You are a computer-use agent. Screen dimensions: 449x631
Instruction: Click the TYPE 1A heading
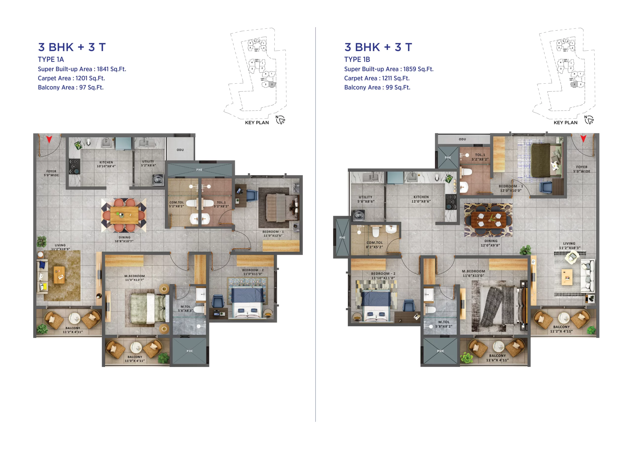pyautogui.click(x=51, y=59)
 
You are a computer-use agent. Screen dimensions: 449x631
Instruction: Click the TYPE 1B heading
pyautogui.click(x=357, y=59)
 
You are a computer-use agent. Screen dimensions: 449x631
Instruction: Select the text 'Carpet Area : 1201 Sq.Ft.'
pyautogui.click(x=71, y=78)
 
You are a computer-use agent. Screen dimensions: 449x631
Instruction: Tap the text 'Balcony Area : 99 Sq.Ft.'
pyautogui.click(x=377, y=87)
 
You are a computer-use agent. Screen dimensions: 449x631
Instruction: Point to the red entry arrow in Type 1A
pyautogui.click(x=49, y=139)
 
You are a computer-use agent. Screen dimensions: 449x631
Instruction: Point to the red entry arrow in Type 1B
pyautogui.click(x=583, y=138)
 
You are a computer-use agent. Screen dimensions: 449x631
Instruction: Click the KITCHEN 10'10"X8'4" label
pyautogui.click(x=106, y=164)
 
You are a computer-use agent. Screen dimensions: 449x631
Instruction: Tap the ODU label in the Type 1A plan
pyautogui.click(x=180, y=150)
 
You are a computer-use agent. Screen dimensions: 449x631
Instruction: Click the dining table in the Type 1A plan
pyautogui.click(x=124, y=215)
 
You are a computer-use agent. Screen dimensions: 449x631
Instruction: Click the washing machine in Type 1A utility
pyautogui.click(x=158, y=180)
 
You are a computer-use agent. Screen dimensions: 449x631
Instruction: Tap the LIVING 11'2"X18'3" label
pyautogui.click(x=569, y=246)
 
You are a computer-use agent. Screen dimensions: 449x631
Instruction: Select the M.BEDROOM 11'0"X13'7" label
pyautogui.click(x=134, y=278)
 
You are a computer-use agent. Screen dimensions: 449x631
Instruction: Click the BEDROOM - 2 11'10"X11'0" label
pyautogui.click(x=383, y=275)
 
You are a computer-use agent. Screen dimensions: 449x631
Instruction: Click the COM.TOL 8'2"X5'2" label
pyautogui.click(x=374, y=245)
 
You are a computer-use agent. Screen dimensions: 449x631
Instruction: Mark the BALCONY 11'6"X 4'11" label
pyautogui.click(x=497, y=358)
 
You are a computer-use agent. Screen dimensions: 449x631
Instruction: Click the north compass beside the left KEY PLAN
pyautogui.click(x=280, y=120)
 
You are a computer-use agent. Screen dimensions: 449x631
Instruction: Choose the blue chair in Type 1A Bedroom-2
pyautogui.click(x=218, y=301)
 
